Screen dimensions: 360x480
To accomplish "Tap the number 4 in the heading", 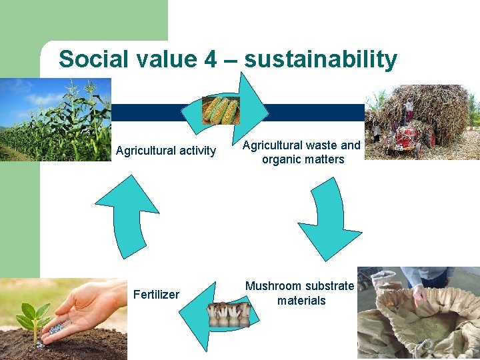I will click(x=210, y=59).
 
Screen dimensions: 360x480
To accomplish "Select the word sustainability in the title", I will click(x=321, y=60).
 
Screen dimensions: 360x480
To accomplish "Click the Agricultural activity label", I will click(x=166, y=151).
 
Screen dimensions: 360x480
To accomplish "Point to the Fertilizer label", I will click(x=156, y=294).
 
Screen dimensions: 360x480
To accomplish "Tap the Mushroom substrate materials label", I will click(x=300, y=293).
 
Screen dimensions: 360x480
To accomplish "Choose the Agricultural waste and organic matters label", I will click(x=301, y=152).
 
